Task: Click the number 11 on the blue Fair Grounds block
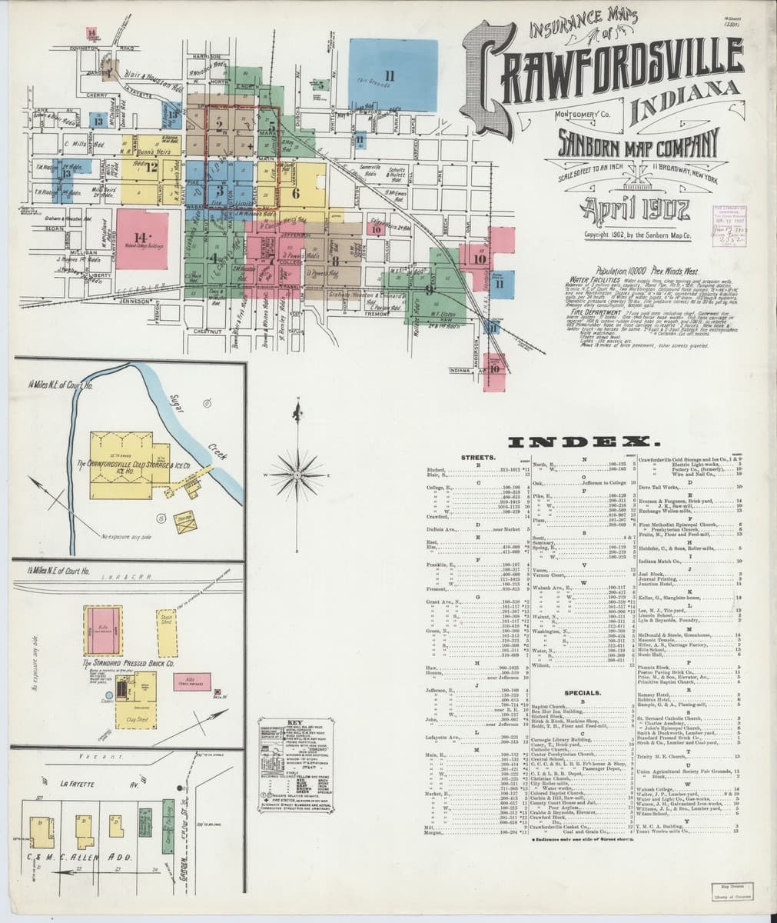point(390,75)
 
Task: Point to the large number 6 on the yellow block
point(295,194)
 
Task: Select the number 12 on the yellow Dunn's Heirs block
point(151,166)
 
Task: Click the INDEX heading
point(584,443)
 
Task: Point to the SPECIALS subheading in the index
point(582,692)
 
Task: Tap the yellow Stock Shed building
point(166,621)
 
